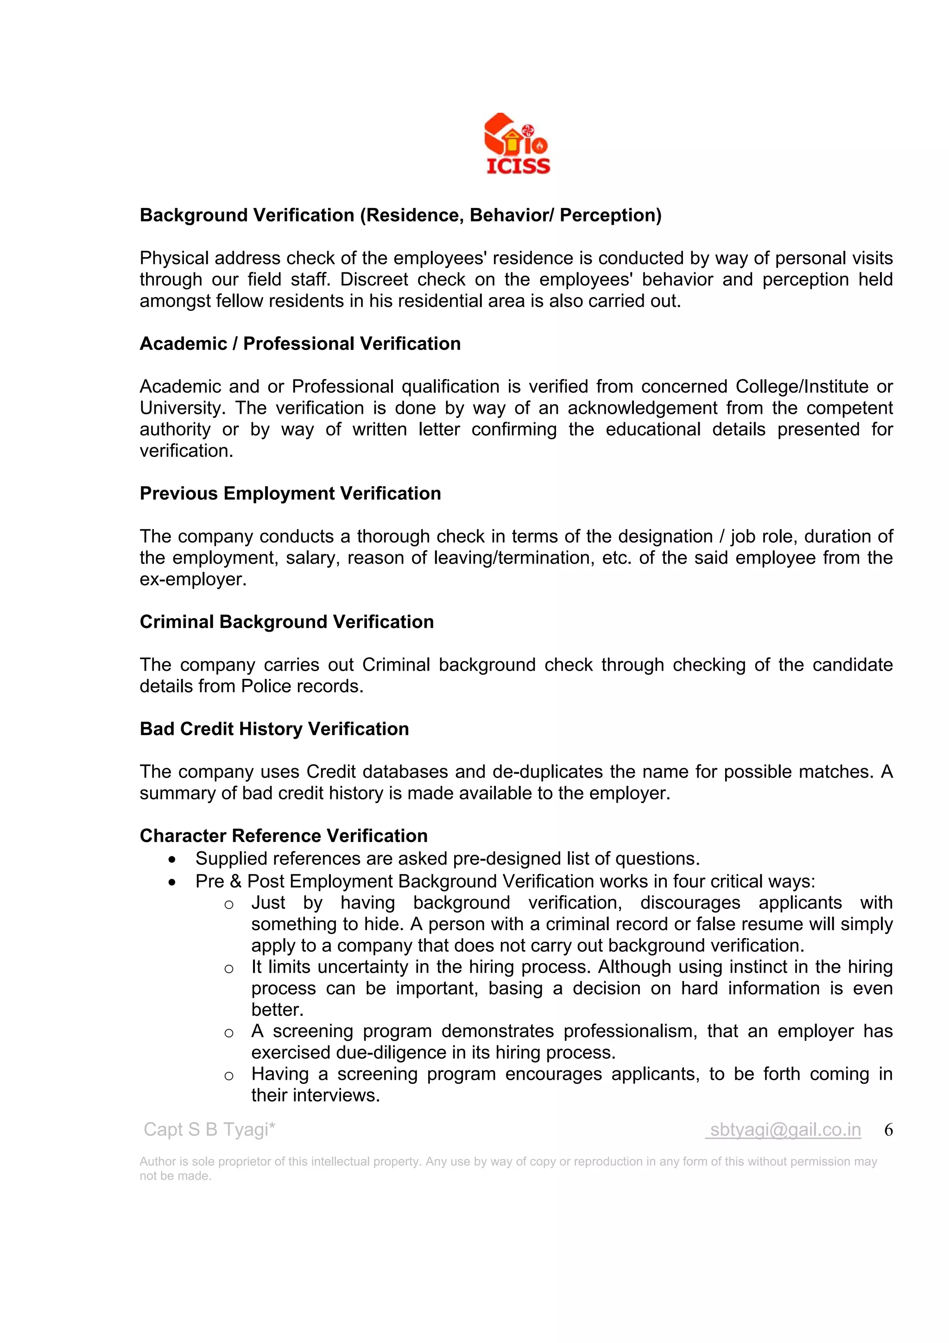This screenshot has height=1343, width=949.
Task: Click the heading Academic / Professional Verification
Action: click(x=300, y=343)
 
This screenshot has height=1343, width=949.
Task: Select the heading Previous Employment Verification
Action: click(x=290, y=493)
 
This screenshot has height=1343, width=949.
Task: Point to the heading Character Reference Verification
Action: click(x=284, y=835)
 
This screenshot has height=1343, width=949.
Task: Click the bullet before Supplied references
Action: click(x=171, y=859)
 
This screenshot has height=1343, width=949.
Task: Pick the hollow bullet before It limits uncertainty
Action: click(x=228, y=969)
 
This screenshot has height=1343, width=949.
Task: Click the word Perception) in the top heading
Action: click(x=610, y=215)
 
